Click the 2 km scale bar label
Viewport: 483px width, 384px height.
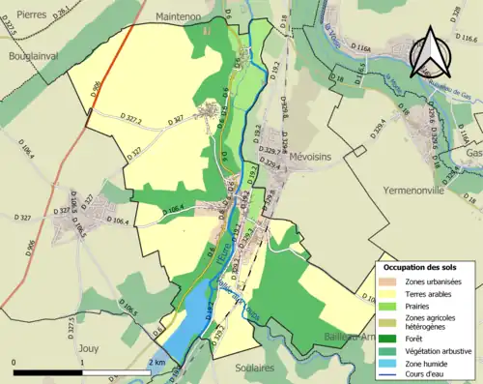click(156, 363)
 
